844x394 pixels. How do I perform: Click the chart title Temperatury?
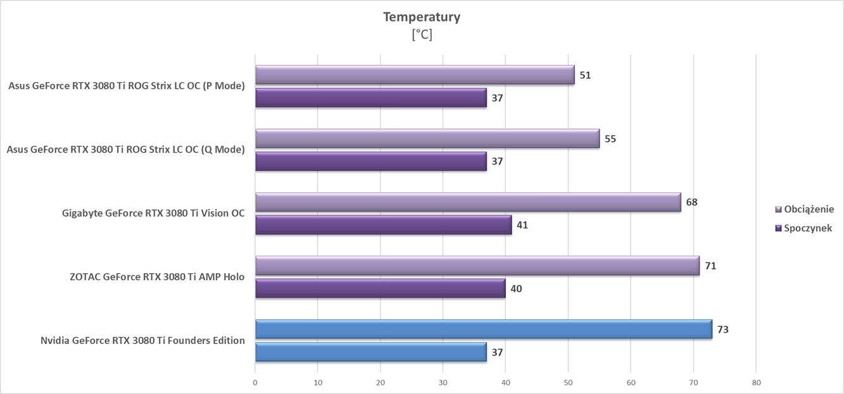click(x=421, y=17)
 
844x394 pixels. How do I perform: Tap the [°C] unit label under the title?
click(x=421, y=35)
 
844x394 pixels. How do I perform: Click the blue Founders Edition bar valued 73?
click(x=483, y=329)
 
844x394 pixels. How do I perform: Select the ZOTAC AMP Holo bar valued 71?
click(x=477, y=266)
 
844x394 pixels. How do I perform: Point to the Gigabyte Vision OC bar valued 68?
click(x=468, y=202)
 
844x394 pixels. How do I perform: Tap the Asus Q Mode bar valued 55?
click(x=427, y=139)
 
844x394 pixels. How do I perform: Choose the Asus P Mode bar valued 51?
click(x=415, y=75)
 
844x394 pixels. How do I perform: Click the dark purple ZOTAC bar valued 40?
click(x=380, y=288)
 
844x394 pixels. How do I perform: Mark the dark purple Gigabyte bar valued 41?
click(x=383, y=225)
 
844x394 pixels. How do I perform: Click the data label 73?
click(x=722, y=329)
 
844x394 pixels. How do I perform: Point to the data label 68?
click(x=691, y=202)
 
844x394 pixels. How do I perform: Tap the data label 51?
click(x=585, y=75)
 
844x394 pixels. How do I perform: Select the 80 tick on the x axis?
click(x=756, y=383)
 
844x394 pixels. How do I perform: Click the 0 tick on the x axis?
click(x=255, y=383)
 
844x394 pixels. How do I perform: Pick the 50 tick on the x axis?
click(x=568, y=383)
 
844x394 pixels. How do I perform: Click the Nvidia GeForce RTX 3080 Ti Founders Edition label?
click(x=142, y=341)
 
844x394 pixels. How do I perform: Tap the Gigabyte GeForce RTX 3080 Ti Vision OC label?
click(x=153, y=213)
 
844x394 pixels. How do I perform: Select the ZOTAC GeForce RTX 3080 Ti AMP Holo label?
click(x=158, y=276)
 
